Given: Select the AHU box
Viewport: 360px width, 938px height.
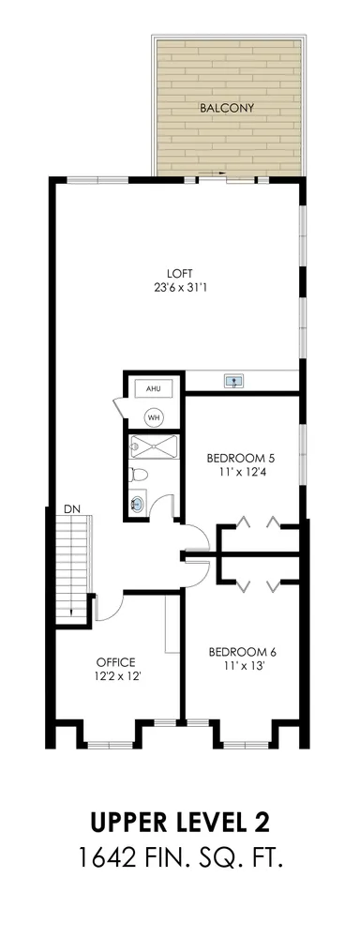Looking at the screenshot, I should point(153,387).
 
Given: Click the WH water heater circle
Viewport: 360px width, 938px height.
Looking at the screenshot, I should point(153,416).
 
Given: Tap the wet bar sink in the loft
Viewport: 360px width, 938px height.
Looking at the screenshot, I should point(232,381).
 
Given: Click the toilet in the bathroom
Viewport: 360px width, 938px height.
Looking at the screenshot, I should point(137,475).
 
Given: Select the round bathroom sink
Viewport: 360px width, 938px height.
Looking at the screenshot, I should point(138,506).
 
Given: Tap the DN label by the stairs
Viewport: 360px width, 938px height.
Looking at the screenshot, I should point(71,508).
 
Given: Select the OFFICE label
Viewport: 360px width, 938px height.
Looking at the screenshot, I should point(116,660).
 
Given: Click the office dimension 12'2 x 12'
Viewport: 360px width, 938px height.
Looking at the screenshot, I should point(116,674).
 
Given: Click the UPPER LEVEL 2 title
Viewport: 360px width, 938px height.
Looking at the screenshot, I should point(180,824).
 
